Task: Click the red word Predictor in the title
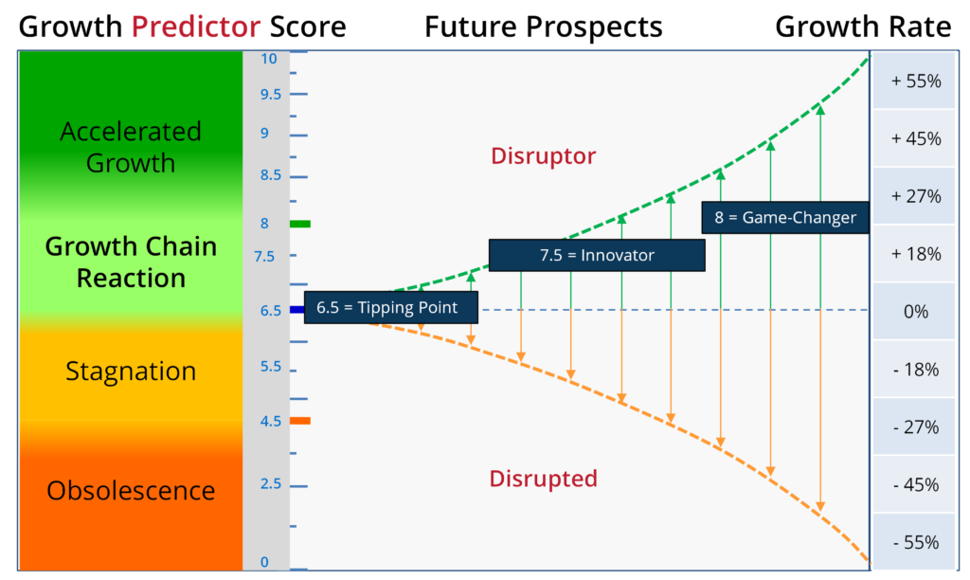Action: point(195,27)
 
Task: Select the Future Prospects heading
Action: point(543,27)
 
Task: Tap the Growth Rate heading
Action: point(863,27)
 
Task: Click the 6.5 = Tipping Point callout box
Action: point(391,308)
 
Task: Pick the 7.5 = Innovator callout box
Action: point(597,255)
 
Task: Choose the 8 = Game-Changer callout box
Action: point(785,217)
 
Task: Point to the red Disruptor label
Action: point(543,156)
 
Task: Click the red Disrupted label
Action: point(543,479)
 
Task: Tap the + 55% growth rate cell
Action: point(914,82)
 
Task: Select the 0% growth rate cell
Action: point(914,312)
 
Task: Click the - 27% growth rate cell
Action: point(914,427)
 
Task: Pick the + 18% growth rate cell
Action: point(914,254)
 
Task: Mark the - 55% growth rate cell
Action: point(914,542)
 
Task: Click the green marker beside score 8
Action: point(300,224)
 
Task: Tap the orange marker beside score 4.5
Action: point(300,421)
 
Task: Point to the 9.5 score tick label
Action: point(270,95)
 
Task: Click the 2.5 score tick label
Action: point(270,484)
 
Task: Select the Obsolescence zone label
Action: point(131,491)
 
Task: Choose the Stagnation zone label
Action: point(131,372)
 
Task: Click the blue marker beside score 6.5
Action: point(296,310)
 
